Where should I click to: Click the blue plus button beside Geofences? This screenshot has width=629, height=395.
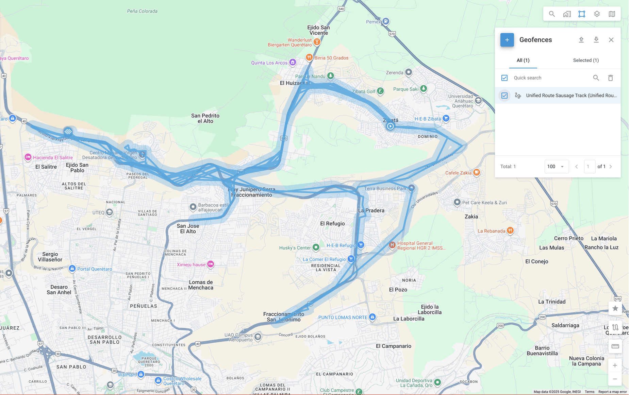(x=507, y=40)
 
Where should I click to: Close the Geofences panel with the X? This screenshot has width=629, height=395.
(x=611, y=40)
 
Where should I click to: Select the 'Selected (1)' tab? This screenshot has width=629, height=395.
(x=585, y=60)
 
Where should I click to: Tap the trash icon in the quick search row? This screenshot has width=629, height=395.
(x=610, y=78)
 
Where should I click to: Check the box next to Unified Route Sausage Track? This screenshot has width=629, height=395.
(x=504, y=96)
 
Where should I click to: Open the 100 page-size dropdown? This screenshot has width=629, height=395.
(x=556, y=167)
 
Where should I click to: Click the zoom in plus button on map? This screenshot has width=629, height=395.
(x=615, y=365)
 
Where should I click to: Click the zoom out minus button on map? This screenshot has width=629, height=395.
(x=615, y=379)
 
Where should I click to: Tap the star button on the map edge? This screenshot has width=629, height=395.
(x=615, y=308)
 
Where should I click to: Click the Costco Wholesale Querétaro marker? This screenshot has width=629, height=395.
(x=158, y=380)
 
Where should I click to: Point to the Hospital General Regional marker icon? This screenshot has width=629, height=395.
(x=392, y=245)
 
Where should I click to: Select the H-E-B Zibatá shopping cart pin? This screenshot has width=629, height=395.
(x=446, y=118)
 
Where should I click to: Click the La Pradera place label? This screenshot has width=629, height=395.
(x=371, y=210)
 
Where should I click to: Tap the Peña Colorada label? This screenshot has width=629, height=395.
(x=142, y=11)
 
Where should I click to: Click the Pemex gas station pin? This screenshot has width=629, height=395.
(x=385, y=21)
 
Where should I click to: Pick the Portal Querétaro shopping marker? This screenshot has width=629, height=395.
(x=72, y=269)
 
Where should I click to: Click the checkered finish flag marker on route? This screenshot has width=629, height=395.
(x=68, y=132)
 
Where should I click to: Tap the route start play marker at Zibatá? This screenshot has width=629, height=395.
(x=390, y=126)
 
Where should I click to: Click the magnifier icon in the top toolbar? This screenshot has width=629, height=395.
(x=551, y=14)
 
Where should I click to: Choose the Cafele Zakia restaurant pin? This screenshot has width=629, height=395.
(x=477, y=172)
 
